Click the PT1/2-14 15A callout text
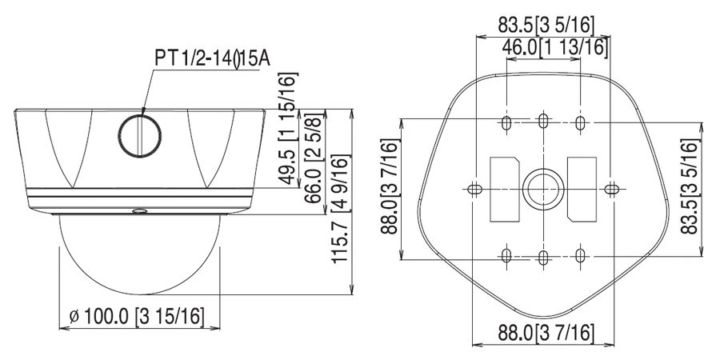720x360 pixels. tap(212, 59)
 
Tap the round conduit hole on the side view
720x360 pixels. tap(139, 136)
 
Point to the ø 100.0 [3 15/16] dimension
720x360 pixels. tap(136, 316)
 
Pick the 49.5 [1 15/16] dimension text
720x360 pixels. tap(288, 128)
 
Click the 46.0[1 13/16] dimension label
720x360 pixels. tap(554, 47)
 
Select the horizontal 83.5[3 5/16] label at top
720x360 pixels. tap(546, 25)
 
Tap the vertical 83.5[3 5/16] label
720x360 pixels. tap(690, 186)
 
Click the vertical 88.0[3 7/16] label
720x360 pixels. tap(390, 186)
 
